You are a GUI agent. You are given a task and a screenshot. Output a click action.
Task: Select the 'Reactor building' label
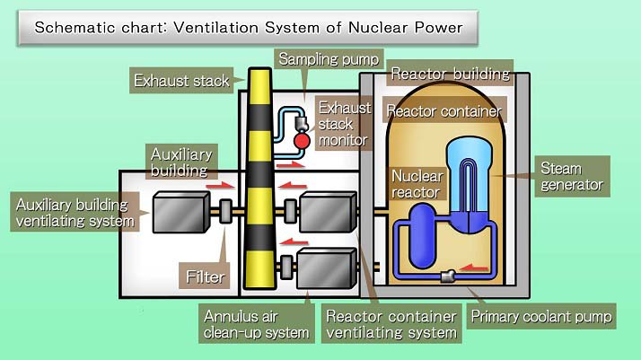tap(450, 74)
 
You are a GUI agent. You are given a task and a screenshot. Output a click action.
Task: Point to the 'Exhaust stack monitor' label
tap(342, 125)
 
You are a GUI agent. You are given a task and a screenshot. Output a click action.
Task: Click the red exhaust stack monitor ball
tap(301, 139)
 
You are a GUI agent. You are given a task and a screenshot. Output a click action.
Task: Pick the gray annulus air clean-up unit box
tap(325, 268)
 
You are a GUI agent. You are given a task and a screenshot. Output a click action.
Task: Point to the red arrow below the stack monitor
tap(290, 164)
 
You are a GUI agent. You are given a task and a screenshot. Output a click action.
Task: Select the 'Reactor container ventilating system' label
tap(391, 324)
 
